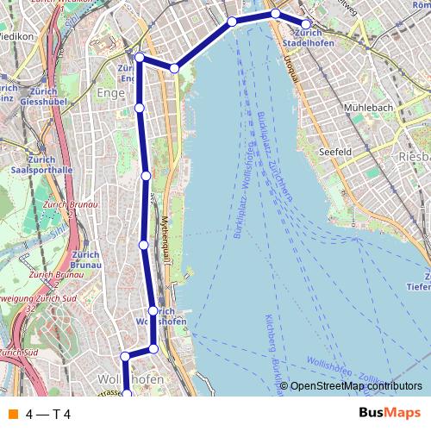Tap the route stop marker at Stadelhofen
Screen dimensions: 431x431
click(305, 24)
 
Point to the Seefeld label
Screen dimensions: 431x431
click(337, 152)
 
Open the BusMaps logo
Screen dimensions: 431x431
click(389, 414)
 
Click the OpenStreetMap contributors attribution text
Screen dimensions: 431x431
click(356, 386)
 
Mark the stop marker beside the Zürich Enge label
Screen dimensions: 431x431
click(139, 57)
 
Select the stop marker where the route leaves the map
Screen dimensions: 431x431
click(126, 394)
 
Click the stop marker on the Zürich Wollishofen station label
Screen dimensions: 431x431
click(153, 311)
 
